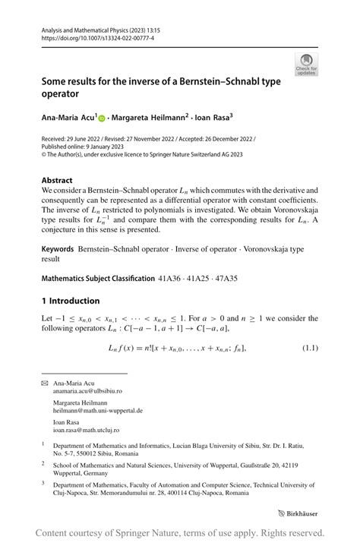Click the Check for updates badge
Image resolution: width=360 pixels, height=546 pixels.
[307, 64]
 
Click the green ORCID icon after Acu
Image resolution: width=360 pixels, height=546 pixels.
[103, 118]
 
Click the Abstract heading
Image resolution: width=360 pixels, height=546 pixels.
[57, 181]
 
